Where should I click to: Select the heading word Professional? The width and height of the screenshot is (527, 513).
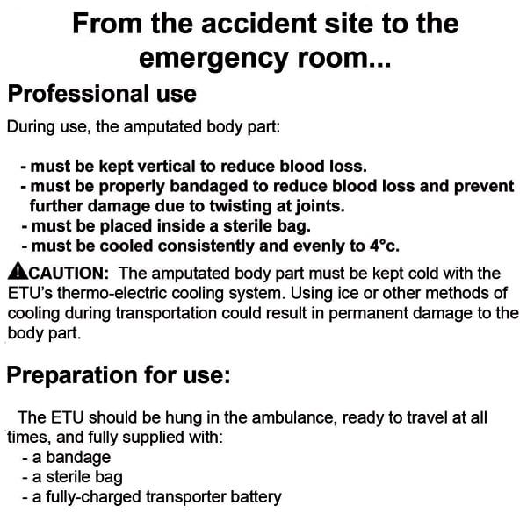69,94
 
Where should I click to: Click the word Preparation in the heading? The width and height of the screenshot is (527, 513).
70,375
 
